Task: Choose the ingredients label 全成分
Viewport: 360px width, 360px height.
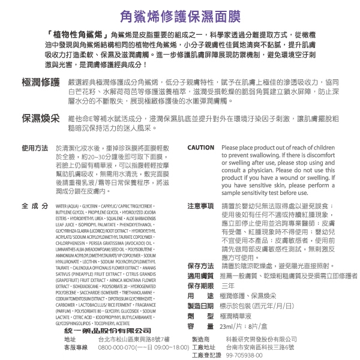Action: click(x=34, y=206)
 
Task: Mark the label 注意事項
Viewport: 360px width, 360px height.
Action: click(x=200, y=206)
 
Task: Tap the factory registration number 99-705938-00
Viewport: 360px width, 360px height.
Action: click(x=246, y=355)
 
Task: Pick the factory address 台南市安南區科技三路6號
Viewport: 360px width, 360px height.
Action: click(x=260, y=347)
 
